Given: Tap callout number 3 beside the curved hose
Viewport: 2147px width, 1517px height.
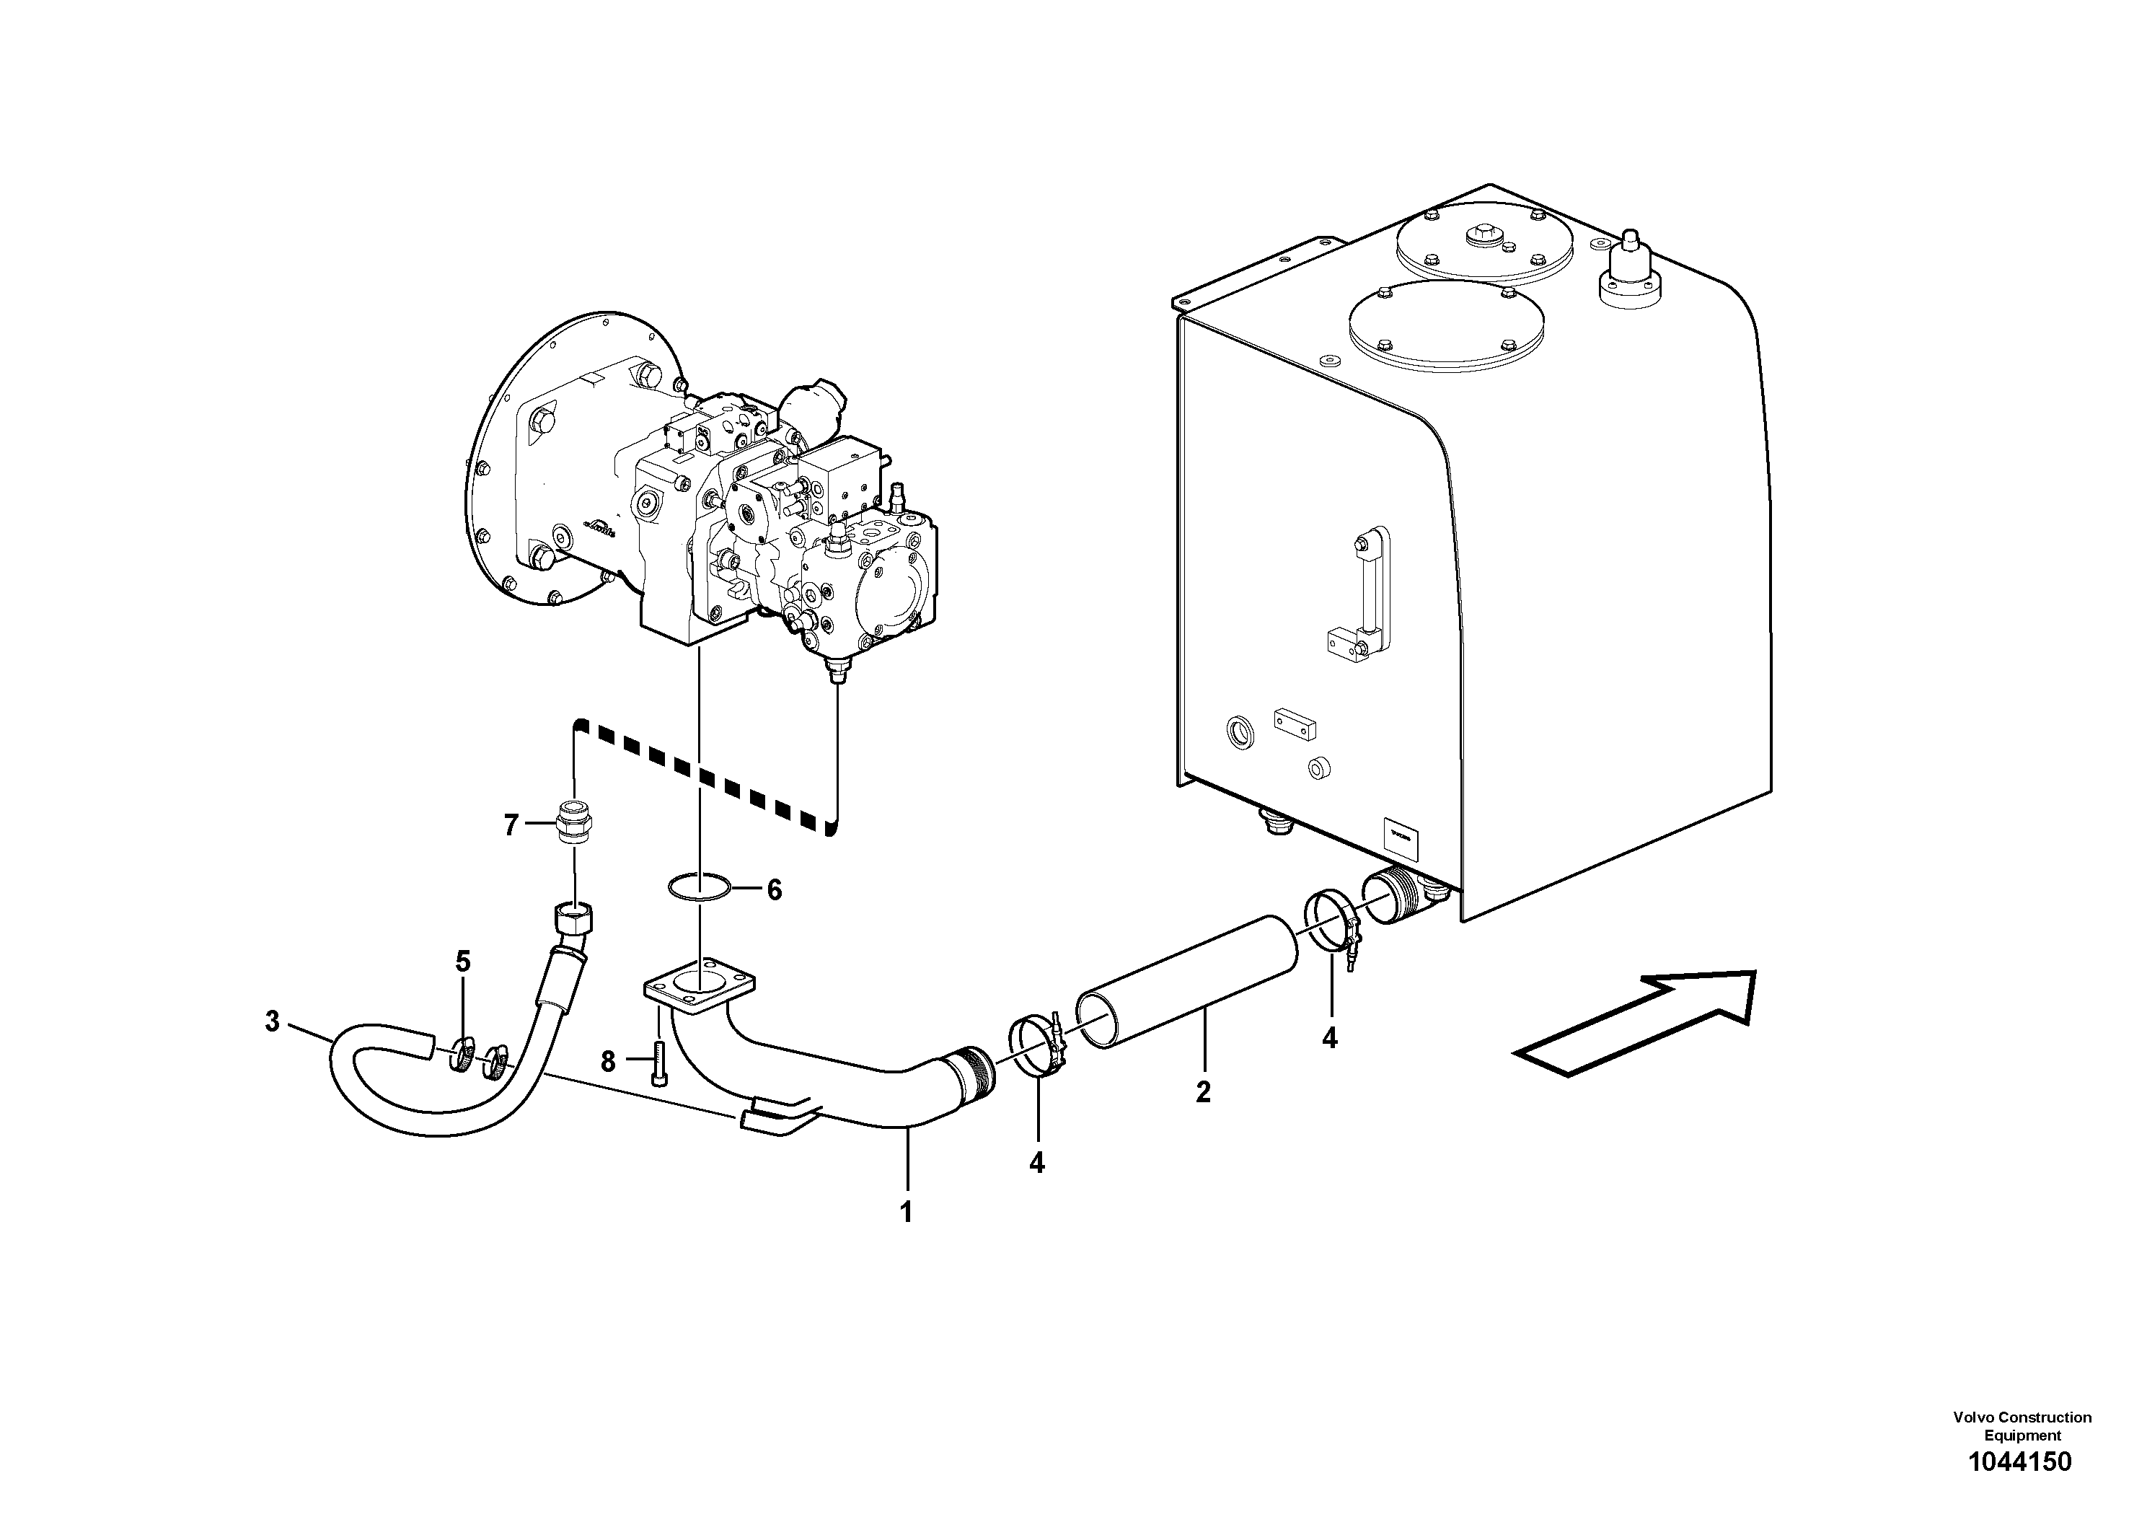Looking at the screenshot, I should (x=272, y=1021).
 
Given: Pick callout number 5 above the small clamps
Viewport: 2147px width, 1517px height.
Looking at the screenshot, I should (x=463, y=961).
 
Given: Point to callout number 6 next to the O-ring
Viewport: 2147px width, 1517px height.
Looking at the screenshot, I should (x=775, y=889).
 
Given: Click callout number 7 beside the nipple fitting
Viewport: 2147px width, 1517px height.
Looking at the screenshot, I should (x=511, y=825).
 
